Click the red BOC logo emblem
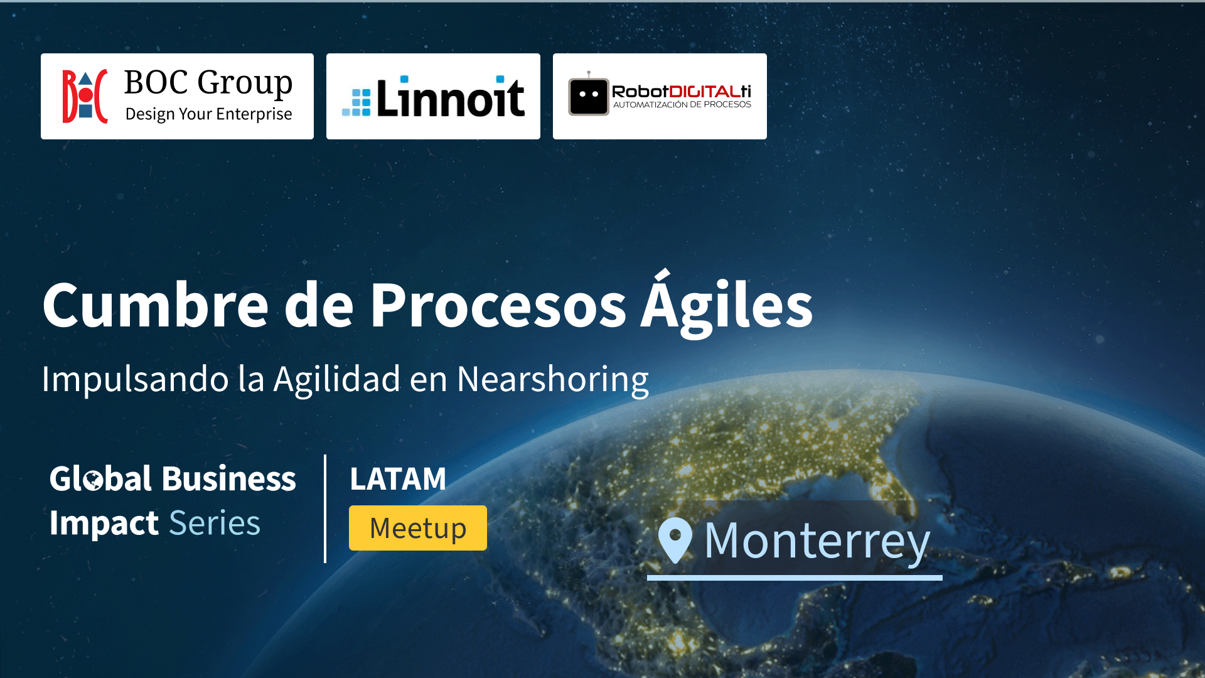click(85, 96)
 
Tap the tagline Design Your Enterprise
click(208, 114)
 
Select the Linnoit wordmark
click(450, 97)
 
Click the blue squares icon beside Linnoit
click(356, 102)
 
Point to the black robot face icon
click(589, 95)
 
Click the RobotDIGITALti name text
click(682, 92)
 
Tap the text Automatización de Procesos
click(682, 105)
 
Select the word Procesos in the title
click(498, 305)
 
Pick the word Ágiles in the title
click(727, 304)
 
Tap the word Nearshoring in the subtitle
click(553, 380)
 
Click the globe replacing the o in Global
click(93, 480)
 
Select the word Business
click(229, 479)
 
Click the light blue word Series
click(215, 523)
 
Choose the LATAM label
click(398, 479)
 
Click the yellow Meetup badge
click(418, 528)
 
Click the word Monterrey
click(817, 541)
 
